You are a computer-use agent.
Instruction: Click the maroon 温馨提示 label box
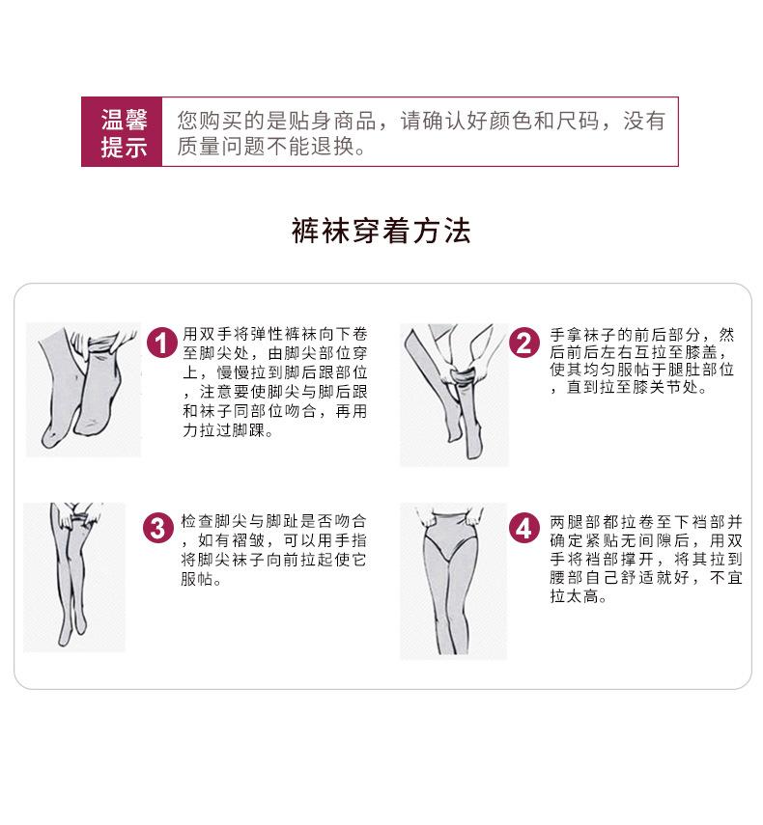coord(122,132)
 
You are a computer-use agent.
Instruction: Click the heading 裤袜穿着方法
coord(381,231)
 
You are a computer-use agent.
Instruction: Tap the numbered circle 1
coord(162,344)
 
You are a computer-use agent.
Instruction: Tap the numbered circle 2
coord(524,344)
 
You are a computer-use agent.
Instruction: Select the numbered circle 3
coord(158,529)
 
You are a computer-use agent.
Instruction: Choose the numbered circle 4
coord(523,529)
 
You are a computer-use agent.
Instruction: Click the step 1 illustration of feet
coord(84,390)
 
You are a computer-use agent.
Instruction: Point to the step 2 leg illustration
coord(454,395)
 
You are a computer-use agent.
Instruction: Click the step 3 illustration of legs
coord(74,577)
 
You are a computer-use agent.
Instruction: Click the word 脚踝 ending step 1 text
coord(248,431)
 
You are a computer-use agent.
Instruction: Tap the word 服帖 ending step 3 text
coord(197,579)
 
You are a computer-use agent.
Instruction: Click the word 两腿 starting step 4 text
coord(566,522)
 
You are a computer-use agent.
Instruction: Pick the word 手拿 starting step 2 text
coord(566,335)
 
